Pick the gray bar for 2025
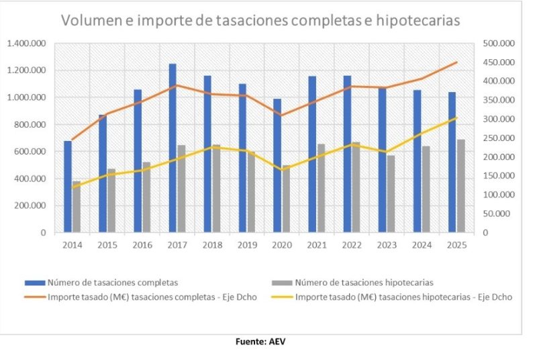point(460,186)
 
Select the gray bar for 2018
point(216,189)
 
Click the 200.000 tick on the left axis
point(29,206)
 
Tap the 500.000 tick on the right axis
point(497,44)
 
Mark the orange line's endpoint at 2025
point(456,62)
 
